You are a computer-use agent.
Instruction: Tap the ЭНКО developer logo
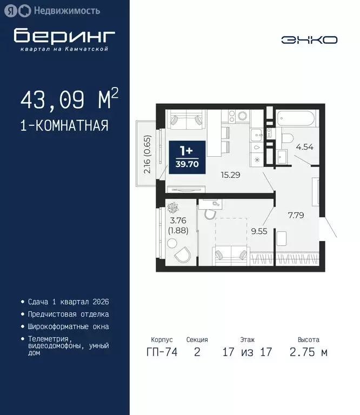click(309, 39)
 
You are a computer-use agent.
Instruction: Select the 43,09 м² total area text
click(69, 100)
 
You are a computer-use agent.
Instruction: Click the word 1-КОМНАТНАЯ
click(64, 126)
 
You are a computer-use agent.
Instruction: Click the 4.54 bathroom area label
click(301, 145)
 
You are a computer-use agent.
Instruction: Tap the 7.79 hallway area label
click(296, 215)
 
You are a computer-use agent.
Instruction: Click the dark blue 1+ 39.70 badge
click(186, 157)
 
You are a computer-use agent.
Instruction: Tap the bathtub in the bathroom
click(295, 119)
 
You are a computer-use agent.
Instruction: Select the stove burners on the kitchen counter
click(239, 116)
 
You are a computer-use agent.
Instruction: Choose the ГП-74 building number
click(162, 353)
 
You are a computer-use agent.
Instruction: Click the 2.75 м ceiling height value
click(308, 353)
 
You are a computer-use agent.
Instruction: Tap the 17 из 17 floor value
click(247, 353)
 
